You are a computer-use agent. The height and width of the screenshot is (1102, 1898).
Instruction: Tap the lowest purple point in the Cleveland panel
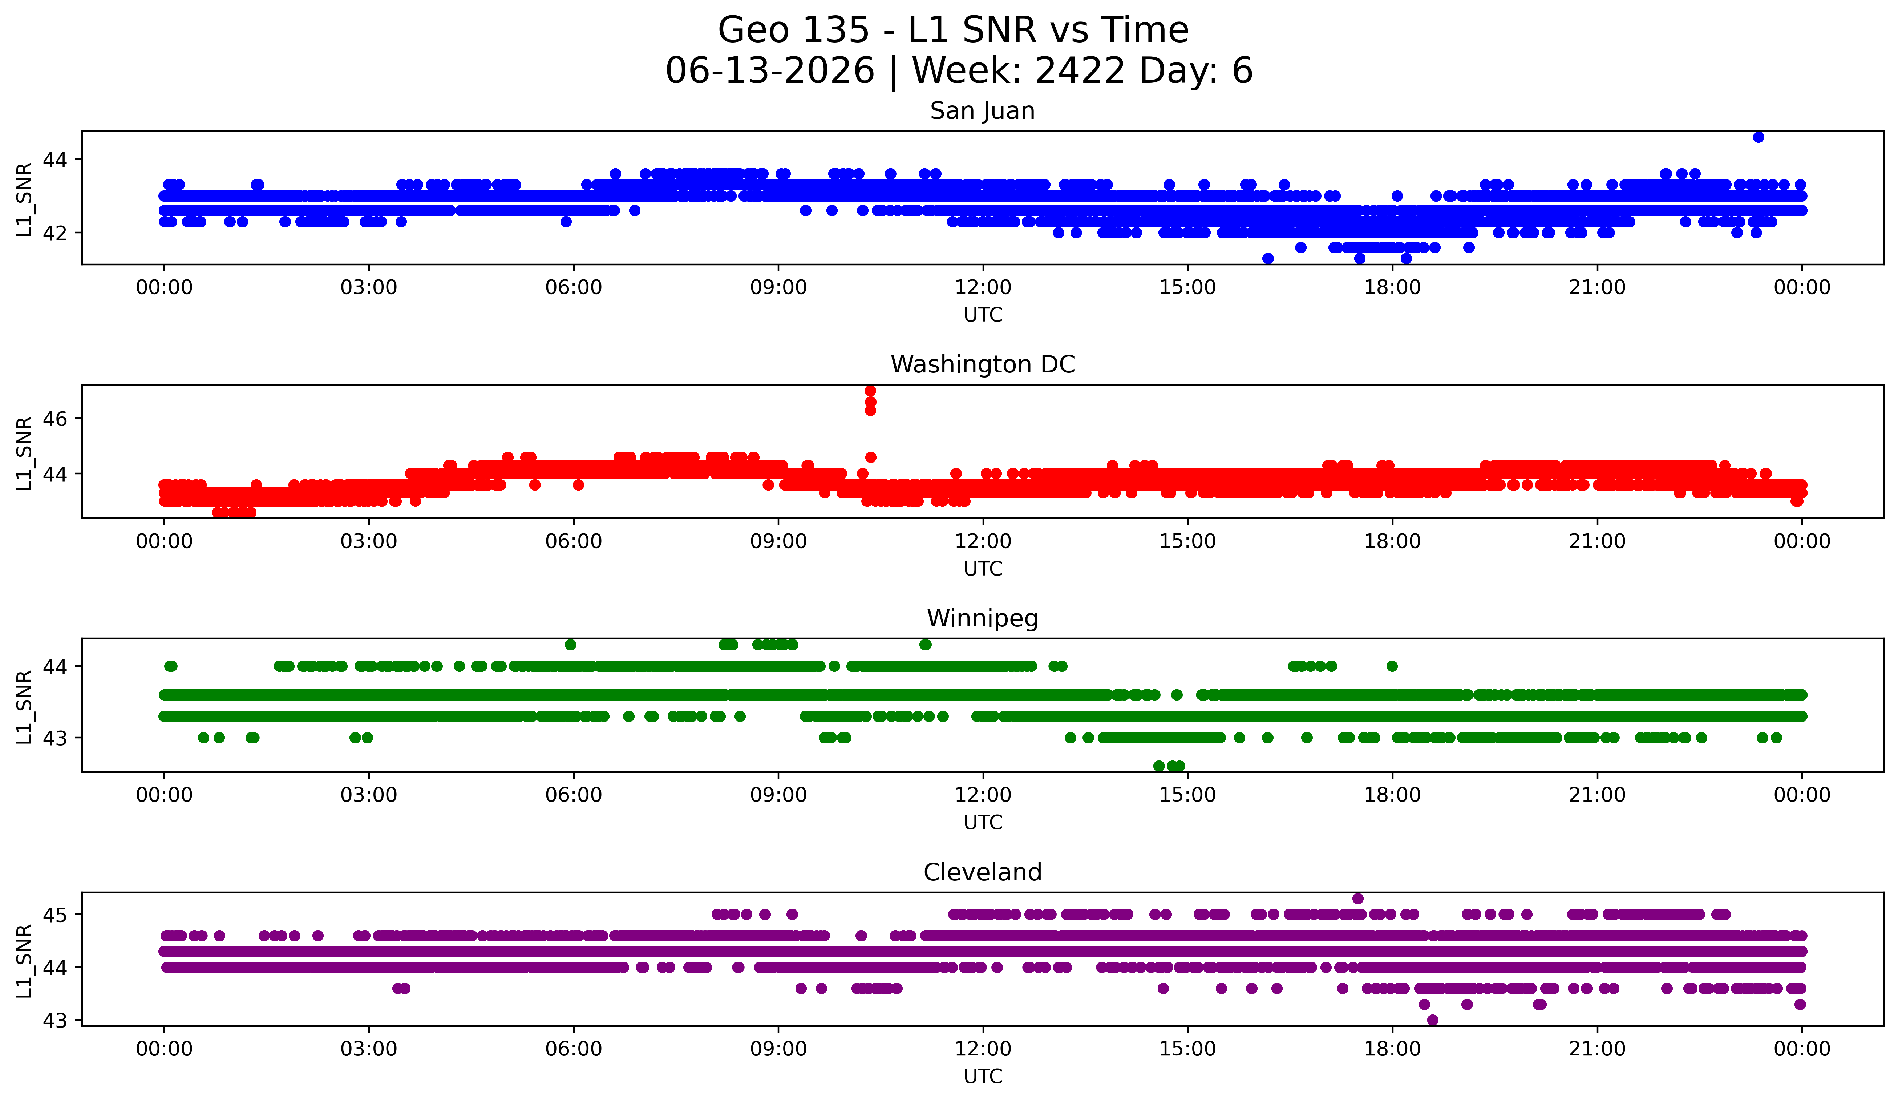(x=1433, y=1020)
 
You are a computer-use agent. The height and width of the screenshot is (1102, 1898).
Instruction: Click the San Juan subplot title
(x=982, y=111)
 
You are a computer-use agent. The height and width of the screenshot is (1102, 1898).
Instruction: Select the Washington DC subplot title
(x=982, y=364)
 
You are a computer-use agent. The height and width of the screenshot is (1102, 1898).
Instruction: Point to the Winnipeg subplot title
(x=982, y=618)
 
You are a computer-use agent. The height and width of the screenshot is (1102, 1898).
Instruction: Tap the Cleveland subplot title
(x=982, y=872)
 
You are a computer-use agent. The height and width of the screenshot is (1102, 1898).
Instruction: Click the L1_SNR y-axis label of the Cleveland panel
(x=24, y=961)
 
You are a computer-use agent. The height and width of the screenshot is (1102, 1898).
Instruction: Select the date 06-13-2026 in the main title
(x=770, y=71)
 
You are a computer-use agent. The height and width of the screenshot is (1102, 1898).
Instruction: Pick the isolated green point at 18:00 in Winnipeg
(x=1392, y=666)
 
